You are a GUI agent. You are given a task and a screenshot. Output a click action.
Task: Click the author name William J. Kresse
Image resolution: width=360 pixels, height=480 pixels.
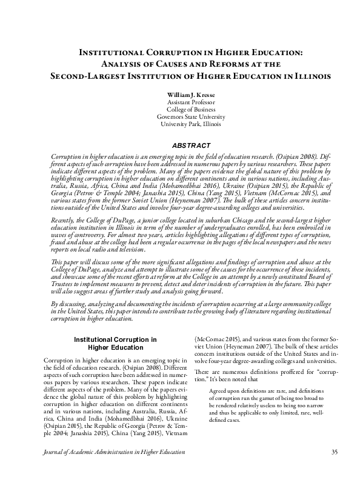[179, 96]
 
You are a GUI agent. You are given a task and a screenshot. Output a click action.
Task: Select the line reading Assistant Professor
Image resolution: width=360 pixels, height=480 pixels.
[179, 103]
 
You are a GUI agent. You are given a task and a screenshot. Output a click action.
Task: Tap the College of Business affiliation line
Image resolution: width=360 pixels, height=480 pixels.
[179, 110]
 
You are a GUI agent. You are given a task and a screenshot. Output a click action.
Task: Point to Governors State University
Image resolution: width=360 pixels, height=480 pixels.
[179, 117]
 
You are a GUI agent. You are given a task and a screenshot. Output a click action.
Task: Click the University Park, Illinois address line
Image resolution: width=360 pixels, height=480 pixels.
[179, 124]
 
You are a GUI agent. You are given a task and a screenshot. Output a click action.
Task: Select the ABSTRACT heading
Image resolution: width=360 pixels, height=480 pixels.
[179, 145]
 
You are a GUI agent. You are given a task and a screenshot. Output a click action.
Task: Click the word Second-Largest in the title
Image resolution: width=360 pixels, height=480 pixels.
[85, 77]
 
